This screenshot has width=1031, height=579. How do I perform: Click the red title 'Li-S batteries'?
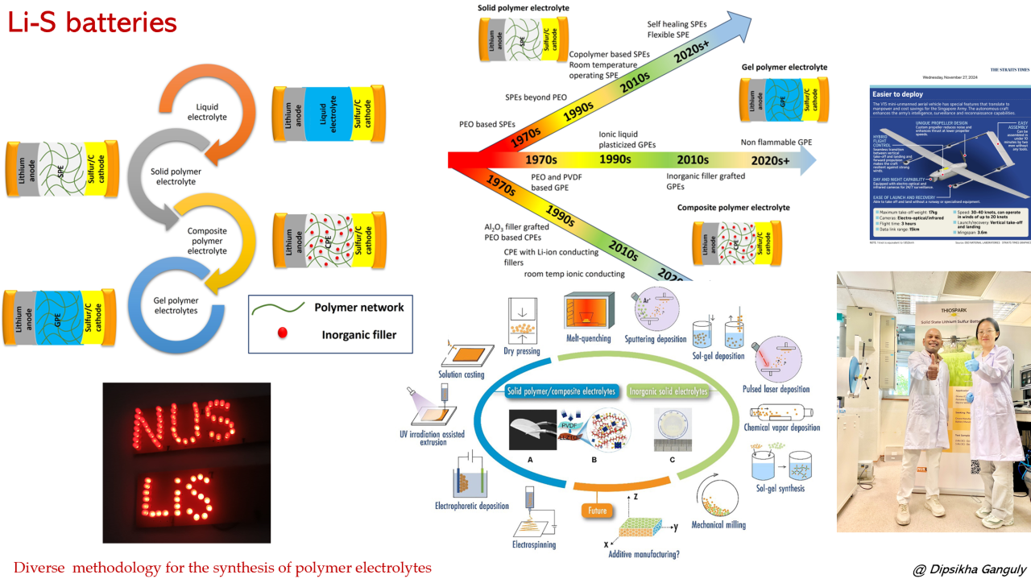pyautogui.click(x=92, y=23)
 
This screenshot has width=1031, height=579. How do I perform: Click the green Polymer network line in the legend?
pyautogui.click(x=279, y=307)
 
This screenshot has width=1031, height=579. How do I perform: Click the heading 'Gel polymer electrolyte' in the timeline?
pyautogui.click(x=784, y=67)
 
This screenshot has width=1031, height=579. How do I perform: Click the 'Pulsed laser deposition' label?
pyautogui.click(x=776, y=390)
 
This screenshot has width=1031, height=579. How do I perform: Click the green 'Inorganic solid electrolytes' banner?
pyautogui.click(x=667, y=392)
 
